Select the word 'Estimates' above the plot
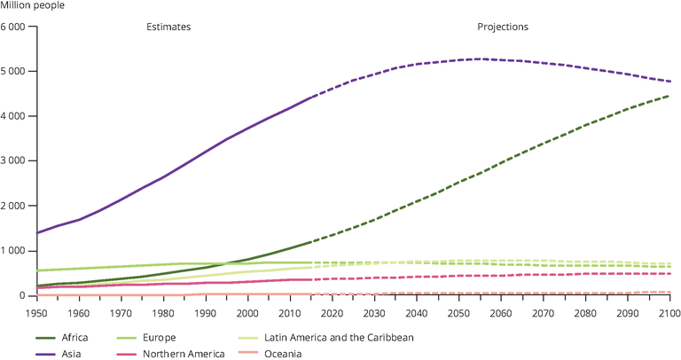click(168, 27)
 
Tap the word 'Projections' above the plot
click(502, 27)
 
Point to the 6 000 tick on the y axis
click(17, 27)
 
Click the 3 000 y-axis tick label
click(17, 161)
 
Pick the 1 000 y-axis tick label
click(17, 251)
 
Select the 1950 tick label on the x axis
click(36, 312)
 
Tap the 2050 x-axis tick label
click(458, 312)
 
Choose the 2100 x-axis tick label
click(669, 312)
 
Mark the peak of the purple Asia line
click(480, 59)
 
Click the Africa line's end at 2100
click(669, 96)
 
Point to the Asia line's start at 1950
click(37, 233)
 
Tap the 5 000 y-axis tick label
click(17, 71)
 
